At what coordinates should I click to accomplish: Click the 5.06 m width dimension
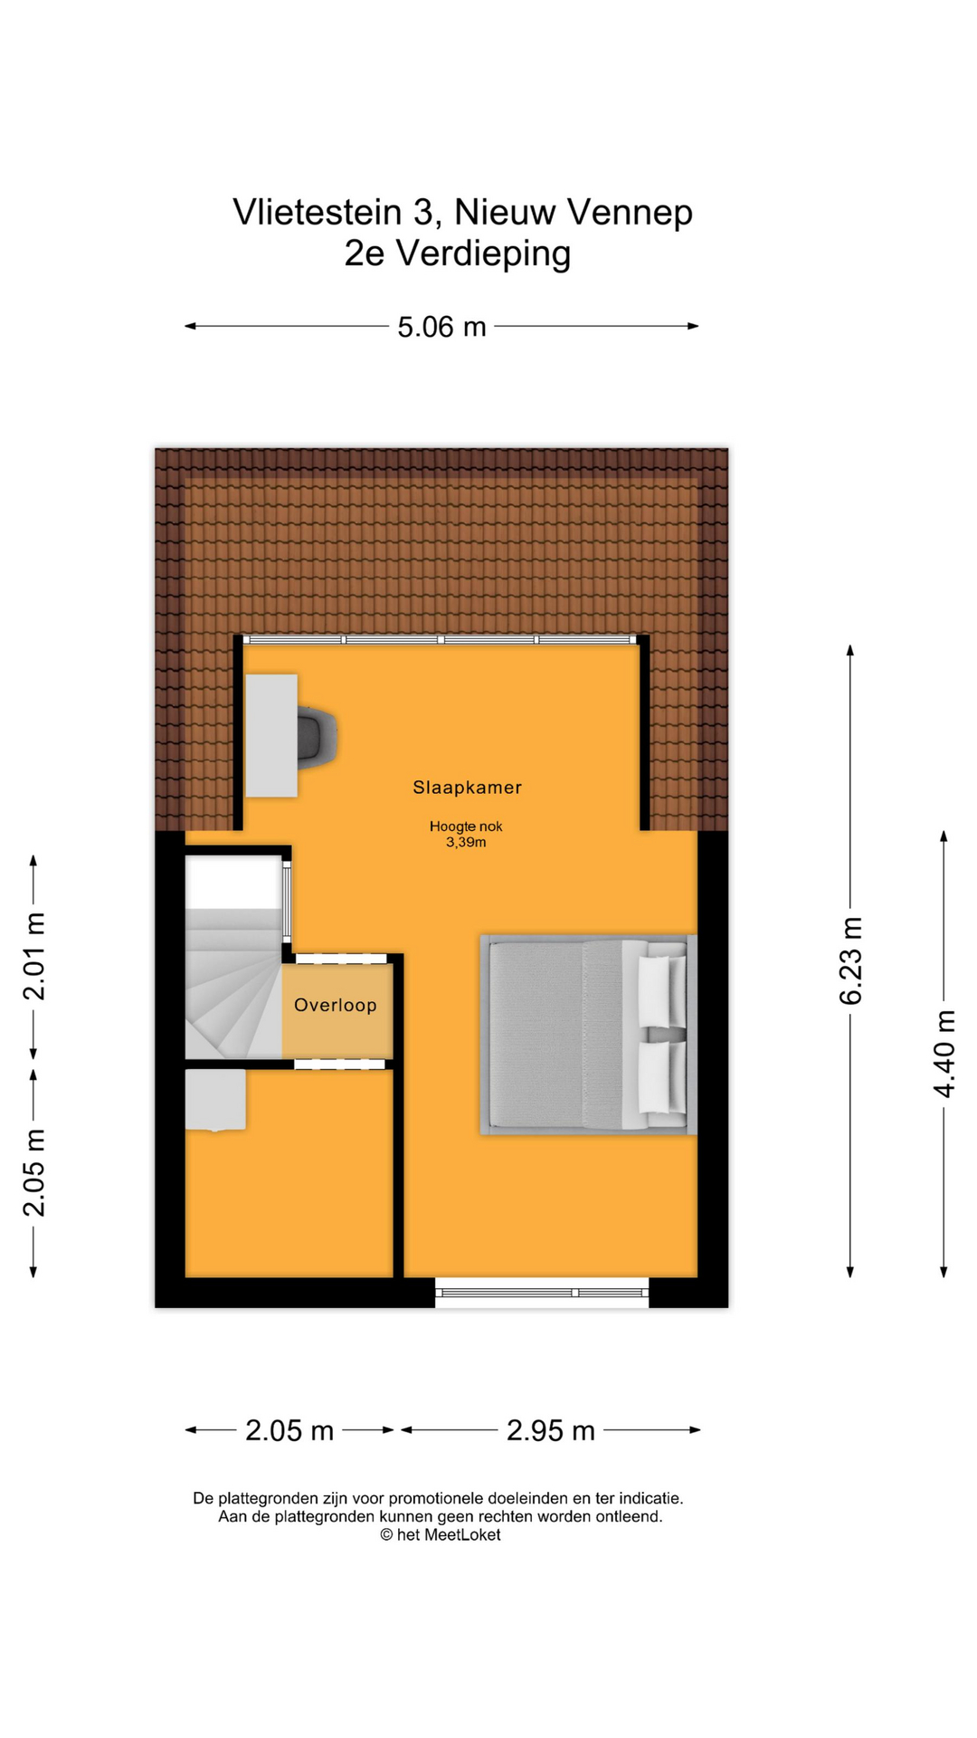click(x=441, y=327)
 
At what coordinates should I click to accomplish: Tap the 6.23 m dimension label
click(x=851, y=960)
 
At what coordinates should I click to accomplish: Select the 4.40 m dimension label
click(x=944, y=1054)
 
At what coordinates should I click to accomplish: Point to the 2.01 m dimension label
click(x=34, y=957)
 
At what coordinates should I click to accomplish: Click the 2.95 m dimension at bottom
click(x=550, y=1430)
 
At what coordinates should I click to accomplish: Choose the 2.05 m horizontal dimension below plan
click(x=289, y=1430)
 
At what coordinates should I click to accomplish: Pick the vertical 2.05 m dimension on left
click(x=34, y=1173)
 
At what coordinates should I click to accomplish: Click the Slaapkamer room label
click(x=467, y=788)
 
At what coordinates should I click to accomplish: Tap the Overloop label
click(x=335, y=1005)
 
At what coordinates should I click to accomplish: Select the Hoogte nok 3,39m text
click(x=466, y=834)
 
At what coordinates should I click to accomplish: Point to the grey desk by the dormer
click(x=271, y=735)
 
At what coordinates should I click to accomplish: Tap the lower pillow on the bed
click(x=661, y=1077)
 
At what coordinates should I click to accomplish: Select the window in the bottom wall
click(x=541, y=1292)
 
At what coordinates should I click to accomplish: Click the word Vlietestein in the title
click(x=317, y=213)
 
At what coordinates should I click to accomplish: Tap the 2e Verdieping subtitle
click(x=458, y=253)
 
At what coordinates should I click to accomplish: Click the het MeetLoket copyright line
click(x=440, y=1534)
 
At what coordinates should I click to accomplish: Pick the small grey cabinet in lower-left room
click(x=215, y=1099)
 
